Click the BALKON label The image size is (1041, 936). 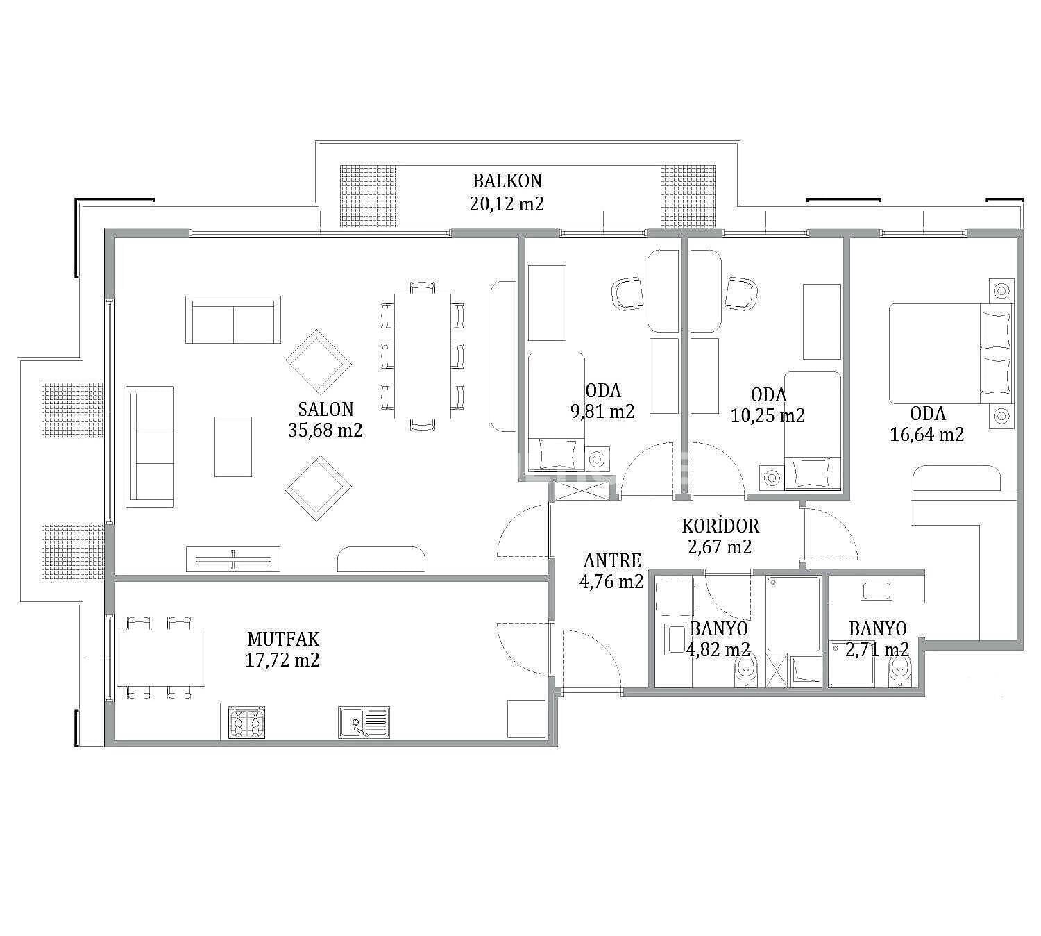[x=507, y=181]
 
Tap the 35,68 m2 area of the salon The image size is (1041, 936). [x=325, y=430]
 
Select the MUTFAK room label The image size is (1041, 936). [x=283, y=638]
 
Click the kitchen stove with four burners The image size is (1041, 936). [x=246, y=722]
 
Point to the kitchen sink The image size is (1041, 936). [x=364, y=722]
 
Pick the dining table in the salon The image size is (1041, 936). [x=423, y=356]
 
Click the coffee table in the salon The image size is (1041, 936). [x=233, y=446]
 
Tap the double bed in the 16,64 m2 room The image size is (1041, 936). [x=951, y=353]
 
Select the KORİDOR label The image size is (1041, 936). [x=720, y=526]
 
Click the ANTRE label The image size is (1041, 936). [x=612, y=560]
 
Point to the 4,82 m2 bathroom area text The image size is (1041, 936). [x=718, y=649]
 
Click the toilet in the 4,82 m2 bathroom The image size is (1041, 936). [x=746, y=671]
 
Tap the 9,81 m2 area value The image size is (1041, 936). [x=602, y=411]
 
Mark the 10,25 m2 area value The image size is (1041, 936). [x=768, y=415]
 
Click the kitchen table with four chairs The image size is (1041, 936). [x=161, y=658]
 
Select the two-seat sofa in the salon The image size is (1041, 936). [x=233, y=319]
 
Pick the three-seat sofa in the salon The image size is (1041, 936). [x=150, y=446]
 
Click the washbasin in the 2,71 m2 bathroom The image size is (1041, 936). [x=877, y=591]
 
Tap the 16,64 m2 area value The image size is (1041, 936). [x=926, y=434]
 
